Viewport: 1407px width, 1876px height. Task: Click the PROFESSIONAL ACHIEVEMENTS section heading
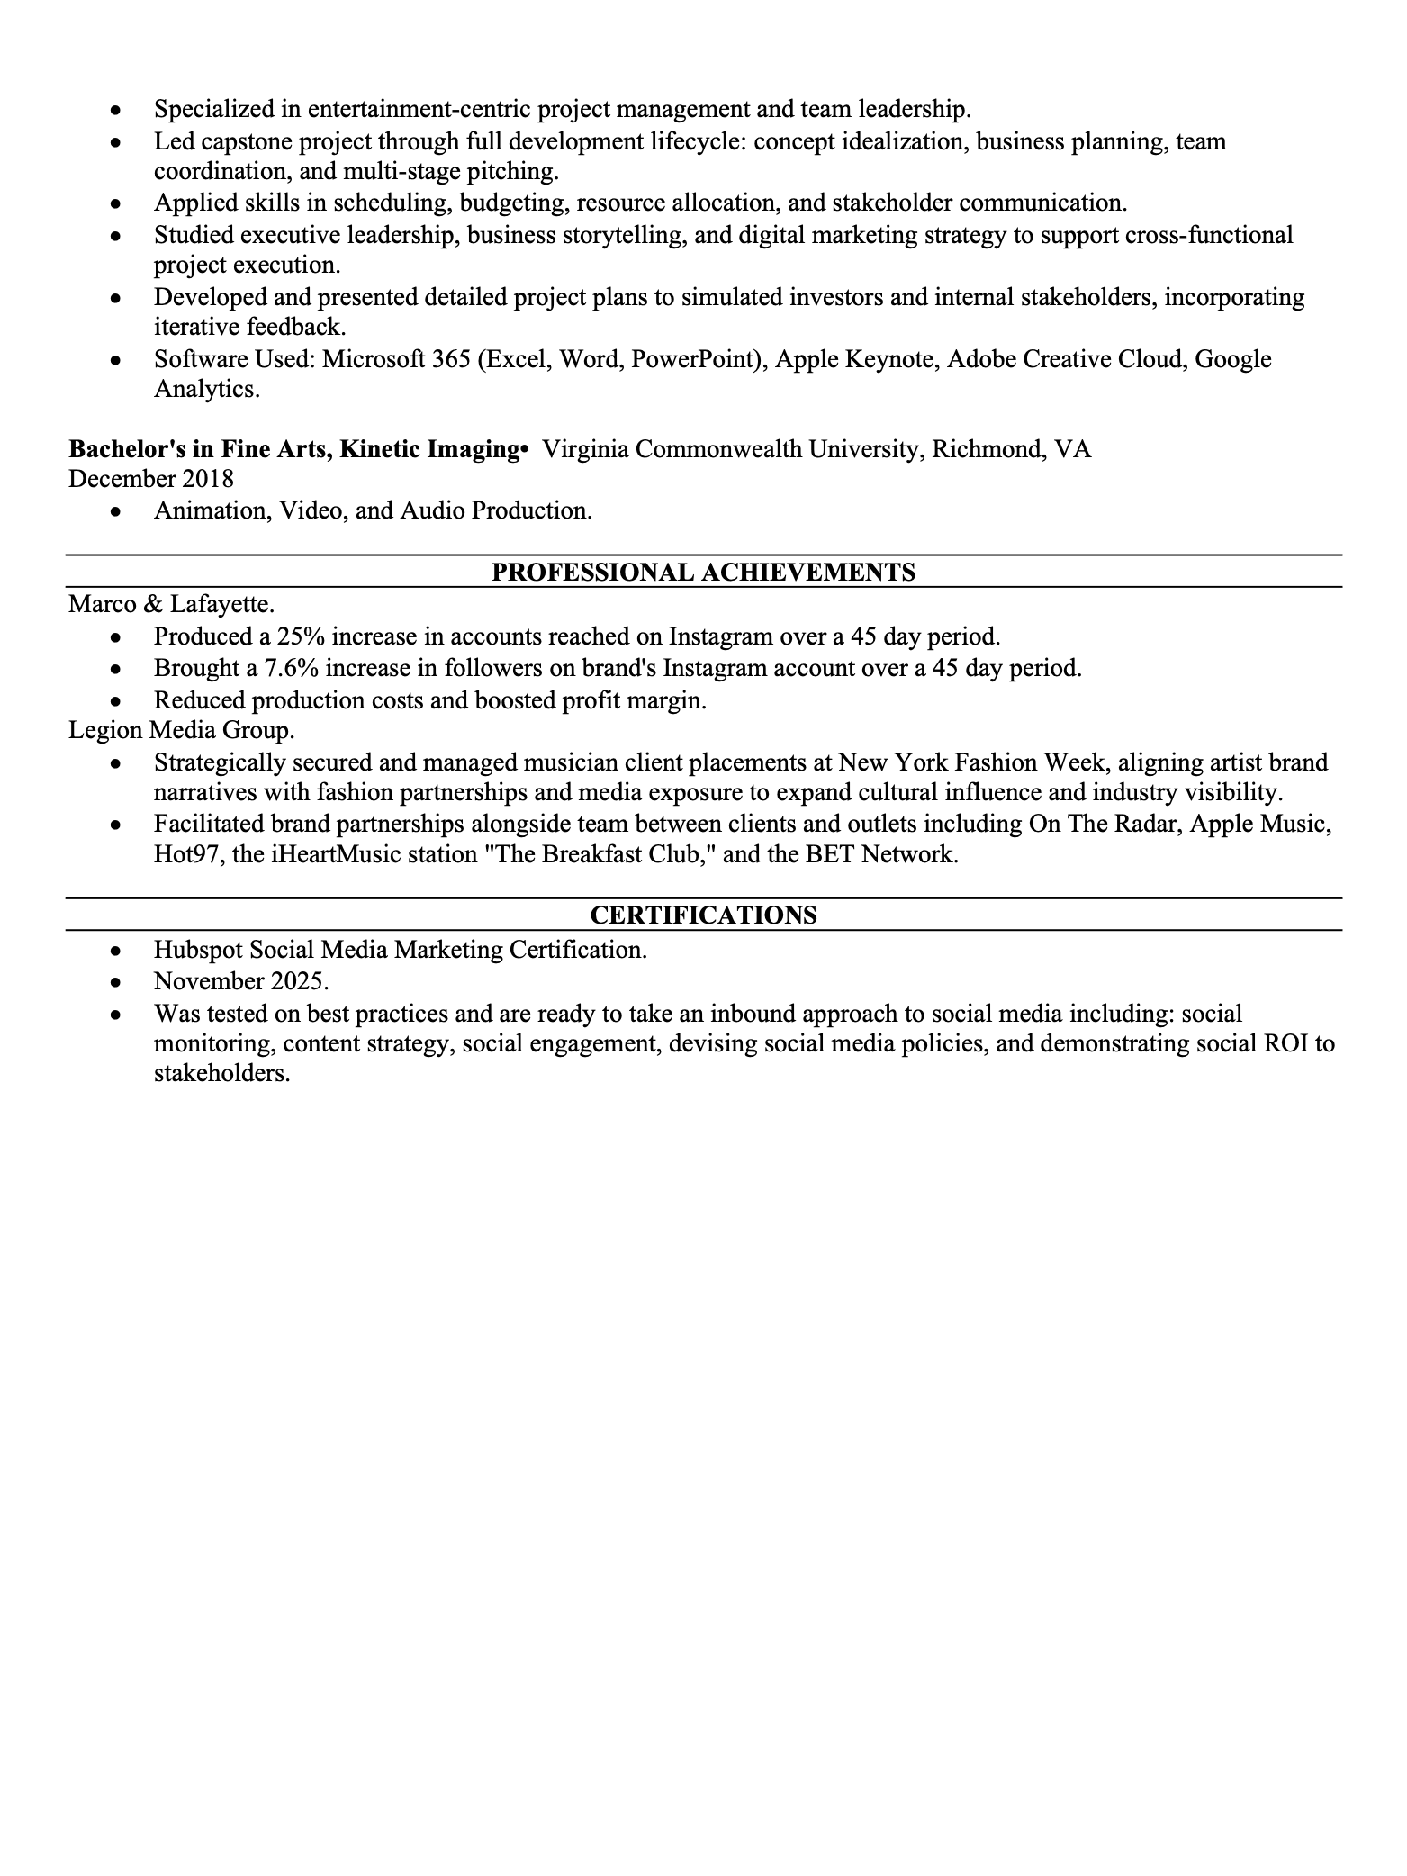click(x=703, y=573)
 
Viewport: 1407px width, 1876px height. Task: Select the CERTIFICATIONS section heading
click(x=703, y=915)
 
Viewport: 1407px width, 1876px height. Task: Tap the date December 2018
click(x=150, y=478)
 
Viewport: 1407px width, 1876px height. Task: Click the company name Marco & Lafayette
click(x=171, y=604)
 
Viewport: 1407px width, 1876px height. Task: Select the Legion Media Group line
click(x=182, y=730)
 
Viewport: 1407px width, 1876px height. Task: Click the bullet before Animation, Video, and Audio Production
click(x=114, y=511)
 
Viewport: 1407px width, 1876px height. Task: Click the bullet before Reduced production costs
click(x=114, y=700)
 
